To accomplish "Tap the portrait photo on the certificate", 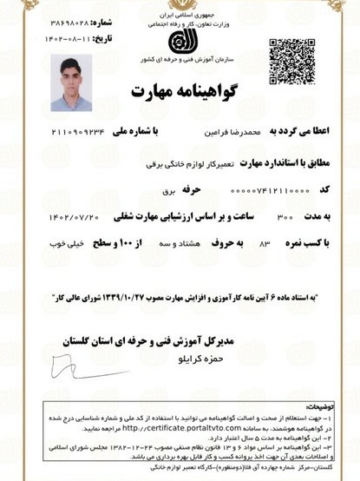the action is click(70, 83).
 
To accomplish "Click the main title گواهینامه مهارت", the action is click(180, 91).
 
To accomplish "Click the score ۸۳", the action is click(265, 244).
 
